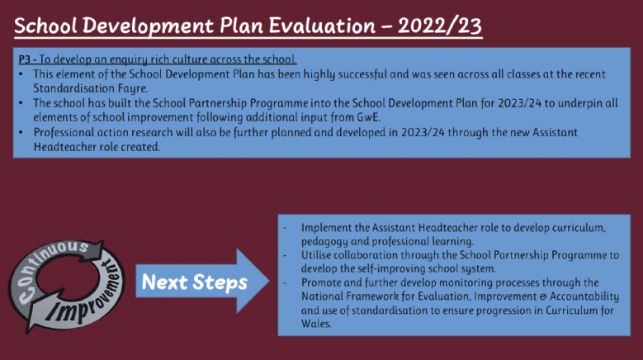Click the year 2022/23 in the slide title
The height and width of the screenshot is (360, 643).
click(x=440, y=26)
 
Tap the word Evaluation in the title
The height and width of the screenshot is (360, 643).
click(x=322, y=26)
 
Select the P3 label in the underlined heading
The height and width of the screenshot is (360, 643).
click(x=24, y=59)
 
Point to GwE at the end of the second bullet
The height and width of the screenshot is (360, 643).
click(x=368, y=117)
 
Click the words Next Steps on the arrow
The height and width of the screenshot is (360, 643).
click(x=194, y=282)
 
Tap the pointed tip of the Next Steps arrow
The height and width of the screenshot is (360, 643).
click(x=269, y=281)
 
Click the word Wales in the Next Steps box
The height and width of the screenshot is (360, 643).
click(x=316, y=324)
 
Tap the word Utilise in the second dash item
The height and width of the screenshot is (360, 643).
click(x=316, y=255)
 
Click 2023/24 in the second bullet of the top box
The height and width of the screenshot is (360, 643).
click(x=519, y=103)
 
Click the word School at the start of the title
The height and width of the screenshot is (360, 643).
click(x=45, y=26)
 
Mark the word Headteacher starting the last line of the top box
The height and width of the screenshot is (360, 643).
click(x=64, y=147)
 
